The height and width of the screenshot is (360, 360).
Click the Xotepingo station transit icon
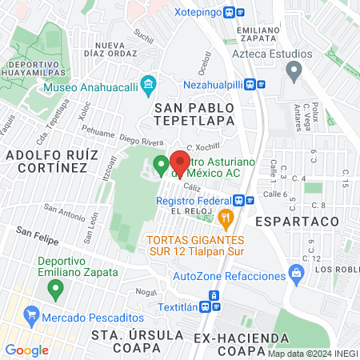click(231, 13)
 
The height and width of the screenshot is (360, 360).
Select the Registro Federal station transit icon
click(238, 201)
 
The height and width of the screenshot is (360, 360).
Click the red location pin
click(180, 164)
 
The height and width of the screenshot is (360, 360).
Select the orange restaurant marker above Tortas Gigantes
click(226, 216)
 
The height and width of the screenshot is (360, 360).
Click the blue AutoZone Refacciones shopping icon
click(297, 274)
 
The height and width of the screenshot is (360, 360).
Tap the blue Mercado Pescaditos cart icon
click(31, 313)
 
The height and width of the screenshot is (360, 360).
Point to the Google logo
click(26, 350)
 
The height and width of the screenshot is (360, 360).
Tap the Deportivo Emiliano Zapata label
click(78, 266)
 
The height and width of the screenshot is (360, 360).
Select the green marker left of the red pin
click(160, 166)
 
